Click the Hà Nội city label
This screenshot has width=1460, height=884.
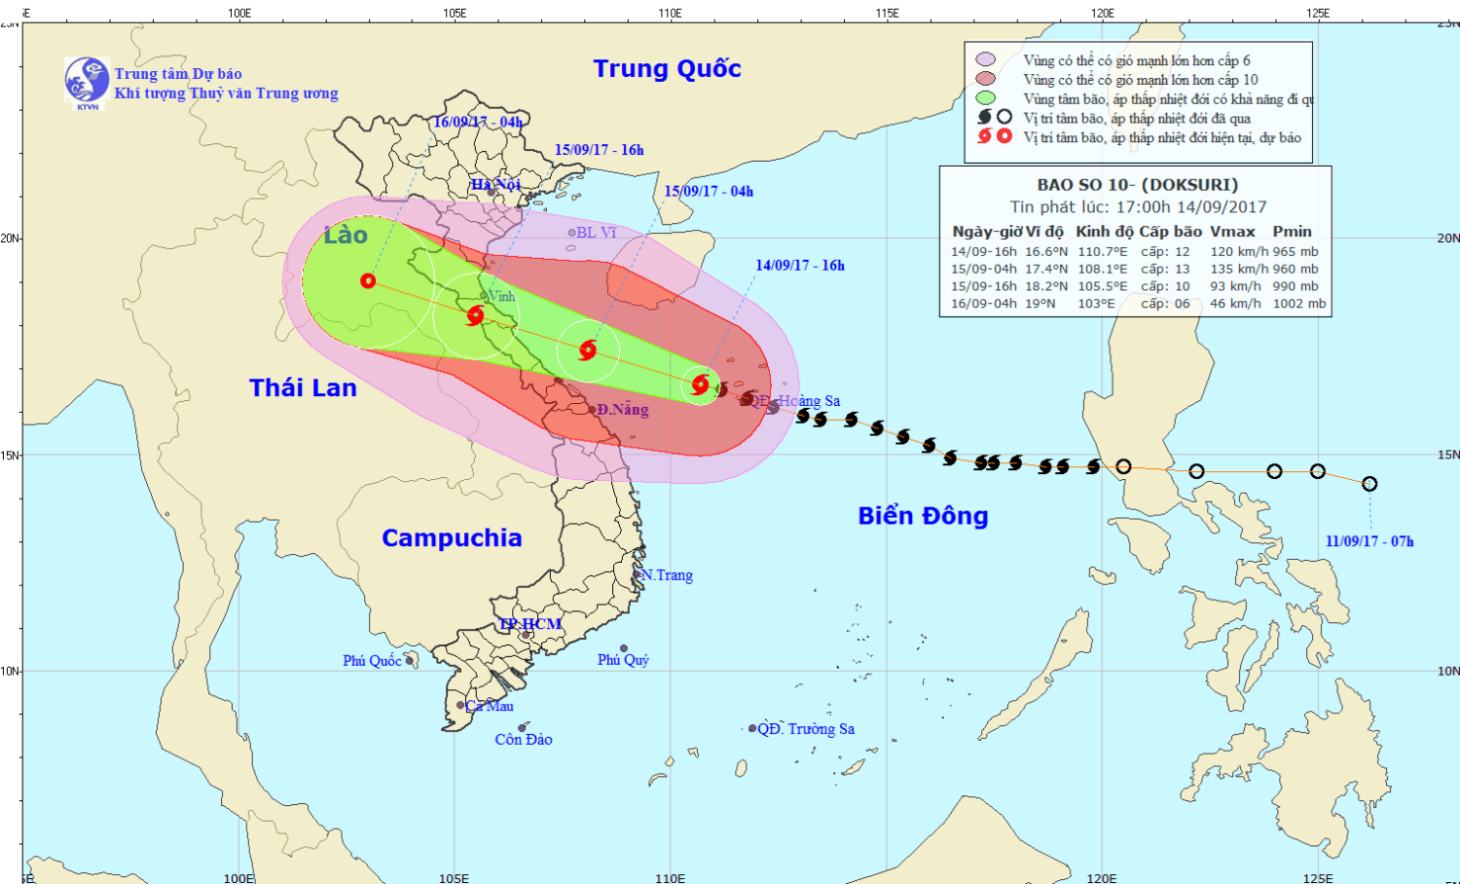click(495, 184)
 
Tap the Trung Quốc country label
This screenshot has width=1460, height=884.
click(667, 69)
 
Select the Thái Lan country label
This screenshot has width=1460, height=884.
click(303, 387)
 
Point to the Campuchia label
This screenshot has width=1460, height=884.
click(452, 537)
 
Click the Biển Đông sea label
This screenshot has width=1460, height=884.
click(923, 516)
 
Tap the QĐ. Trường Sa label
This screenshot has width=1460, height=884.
click(806, 728)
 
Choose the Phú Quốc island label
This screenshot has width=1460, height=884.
click(372, 660)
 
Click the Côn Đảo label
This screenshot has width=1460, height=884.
click(524, 740)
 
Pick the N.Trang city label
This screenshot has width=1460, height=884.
click(667, 575)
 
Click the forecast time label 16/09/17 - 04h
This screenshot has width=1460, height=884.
click(478, 122)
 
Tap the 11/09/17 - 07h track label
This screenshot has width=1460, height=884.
click(1369, 541)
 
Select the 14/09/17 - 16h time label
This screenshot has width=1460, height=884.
click(800, 265)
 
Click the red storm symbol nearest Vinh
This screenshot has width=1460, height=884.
click(475, 315)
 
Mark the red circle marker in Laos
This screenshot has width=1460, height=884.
click(368, 280)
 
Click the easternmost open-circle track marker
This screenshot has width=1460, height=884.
click(1369, 484)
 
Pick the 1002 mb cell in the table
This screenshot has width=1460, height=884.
click(1299, 304)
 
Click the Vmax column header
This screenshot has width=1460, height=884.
click(1232, 232)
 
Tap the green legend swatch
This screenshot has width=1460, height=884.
click(986, 98)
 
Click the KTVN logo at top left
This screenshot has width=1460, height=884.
click(87, 82)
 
